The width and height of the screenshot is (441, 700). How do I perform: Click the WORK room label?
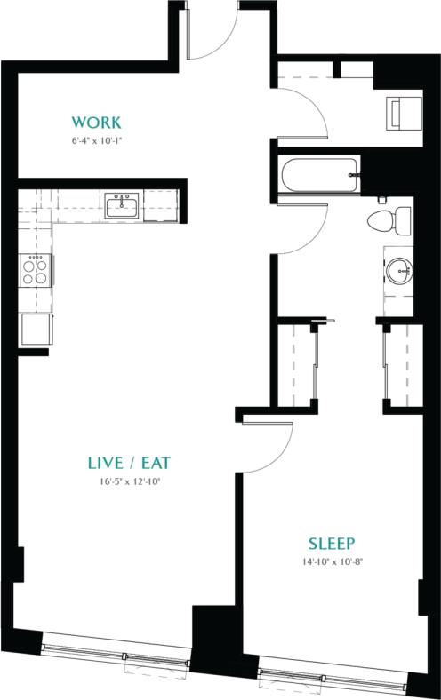pos(96,122)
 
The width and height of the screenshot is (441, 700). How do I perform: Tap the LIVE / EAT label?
pos(129,463)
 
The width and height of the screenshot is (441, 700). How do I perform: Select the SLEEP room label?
pos(332,544)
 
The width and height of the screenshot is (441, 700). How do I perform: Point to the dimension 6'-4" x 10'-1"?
pos(96,140)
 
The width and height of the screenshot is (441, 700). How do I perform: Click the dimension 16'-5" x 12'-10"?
pos(129,481)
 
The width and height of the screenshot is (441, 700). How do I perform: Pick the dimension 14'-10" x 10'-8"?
pos(332,561)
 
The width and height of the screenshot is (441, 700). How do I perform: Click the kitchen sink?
pos(121,207)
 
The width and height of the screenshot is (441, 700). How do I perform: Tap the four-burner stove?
pos(36,269)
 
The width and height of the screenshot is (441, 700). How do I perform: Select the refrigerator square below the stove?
pos(36,330)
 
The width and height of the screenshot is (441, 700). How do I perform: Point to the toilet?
pos(390,218)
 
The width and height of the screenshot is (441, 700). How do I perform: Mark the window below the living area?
pos(116,651)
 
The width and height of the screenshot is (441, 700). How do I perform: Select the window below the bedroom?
pos(333,671)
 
